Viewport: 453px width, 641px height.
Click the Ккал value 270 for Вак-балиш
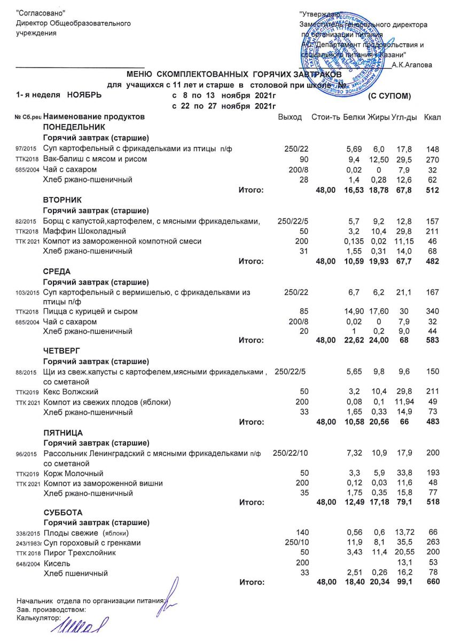(432, 159)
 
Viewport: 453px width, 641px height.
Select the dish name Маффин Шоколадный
(84, 231)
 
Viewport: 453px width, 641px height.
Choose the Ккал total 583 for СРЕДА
(432, 340)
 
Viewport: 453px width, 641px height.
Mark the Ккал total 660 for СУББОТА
(432, 581)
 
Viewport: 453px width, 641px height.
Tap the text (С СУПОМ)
(390, 96)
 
